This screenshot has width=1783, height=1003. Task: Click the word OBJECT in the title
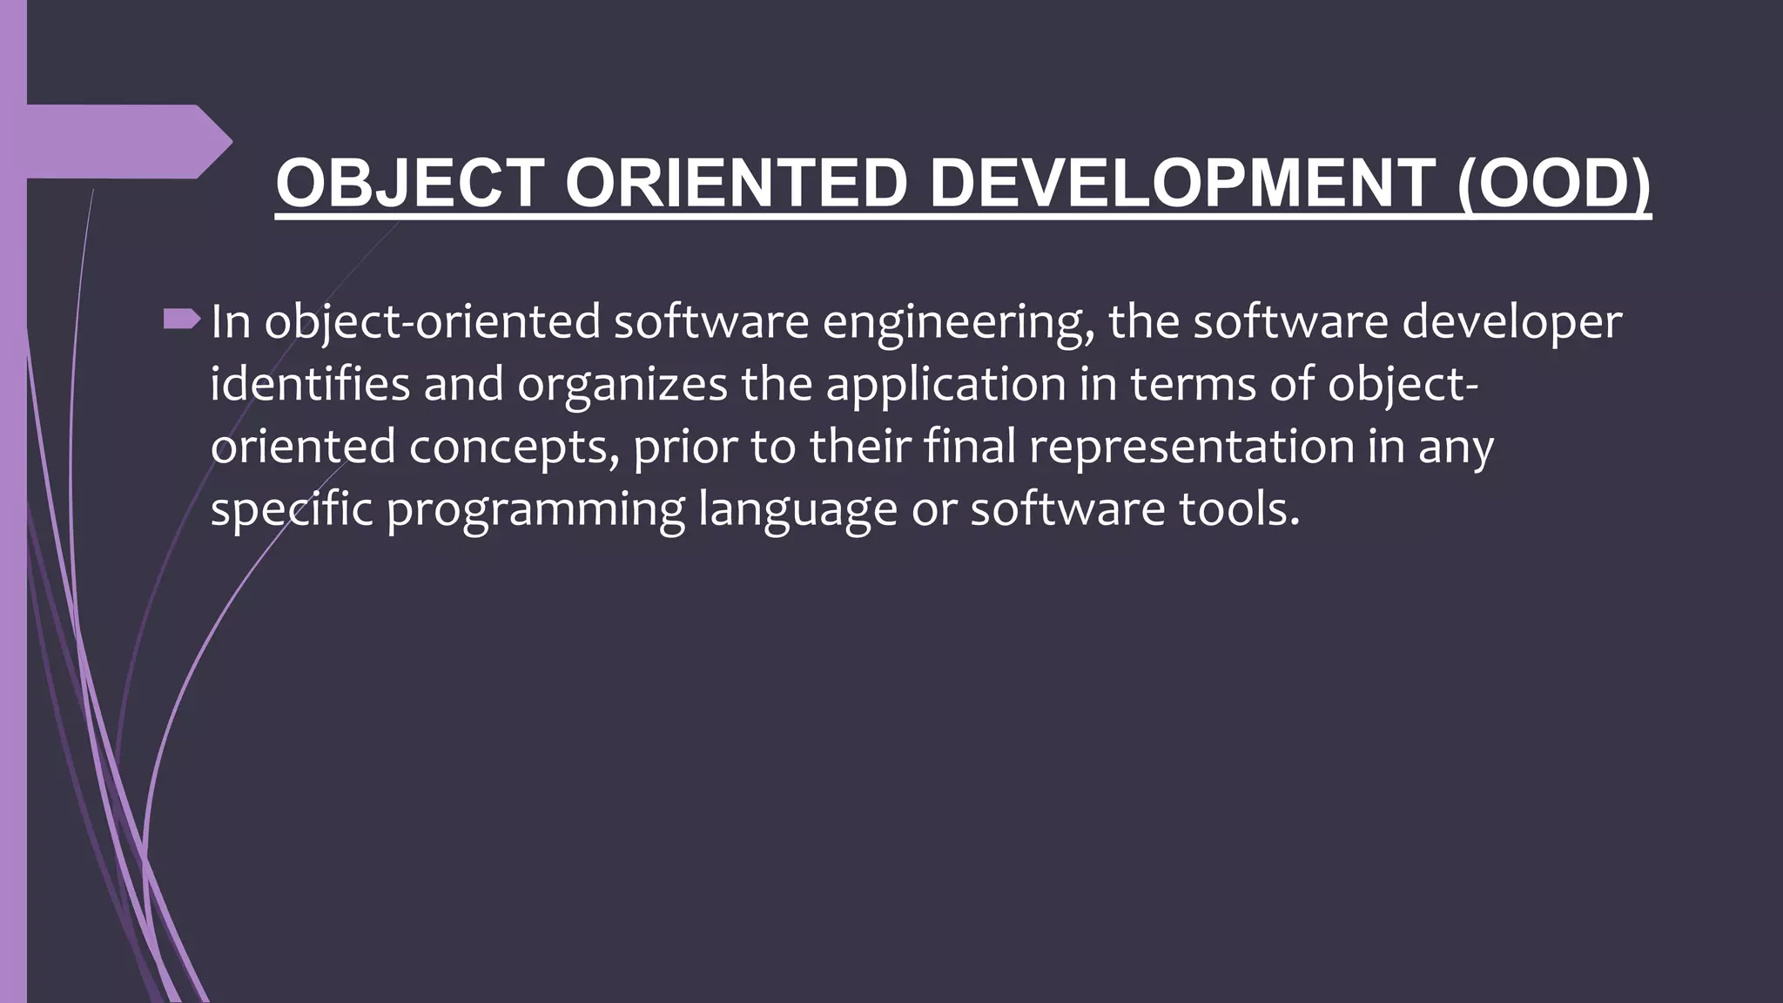[x=410, y=184]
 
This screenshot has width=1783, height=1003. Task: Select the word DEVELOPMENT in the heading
[x=1182, y=184]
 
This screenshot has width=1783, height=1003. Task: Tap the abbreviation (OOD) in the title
[x=1553, y=184]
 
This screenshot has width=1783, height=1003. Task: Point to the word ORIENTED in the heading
[x=737, y=184]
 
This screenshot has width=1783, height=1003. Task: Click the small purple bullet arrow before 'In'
[x=181, y=320]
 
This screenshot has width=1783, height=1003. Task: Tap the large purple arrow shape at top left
[x=122, y=141]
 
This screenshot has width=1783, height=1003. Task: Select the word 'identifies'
[x=310, y=384]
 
